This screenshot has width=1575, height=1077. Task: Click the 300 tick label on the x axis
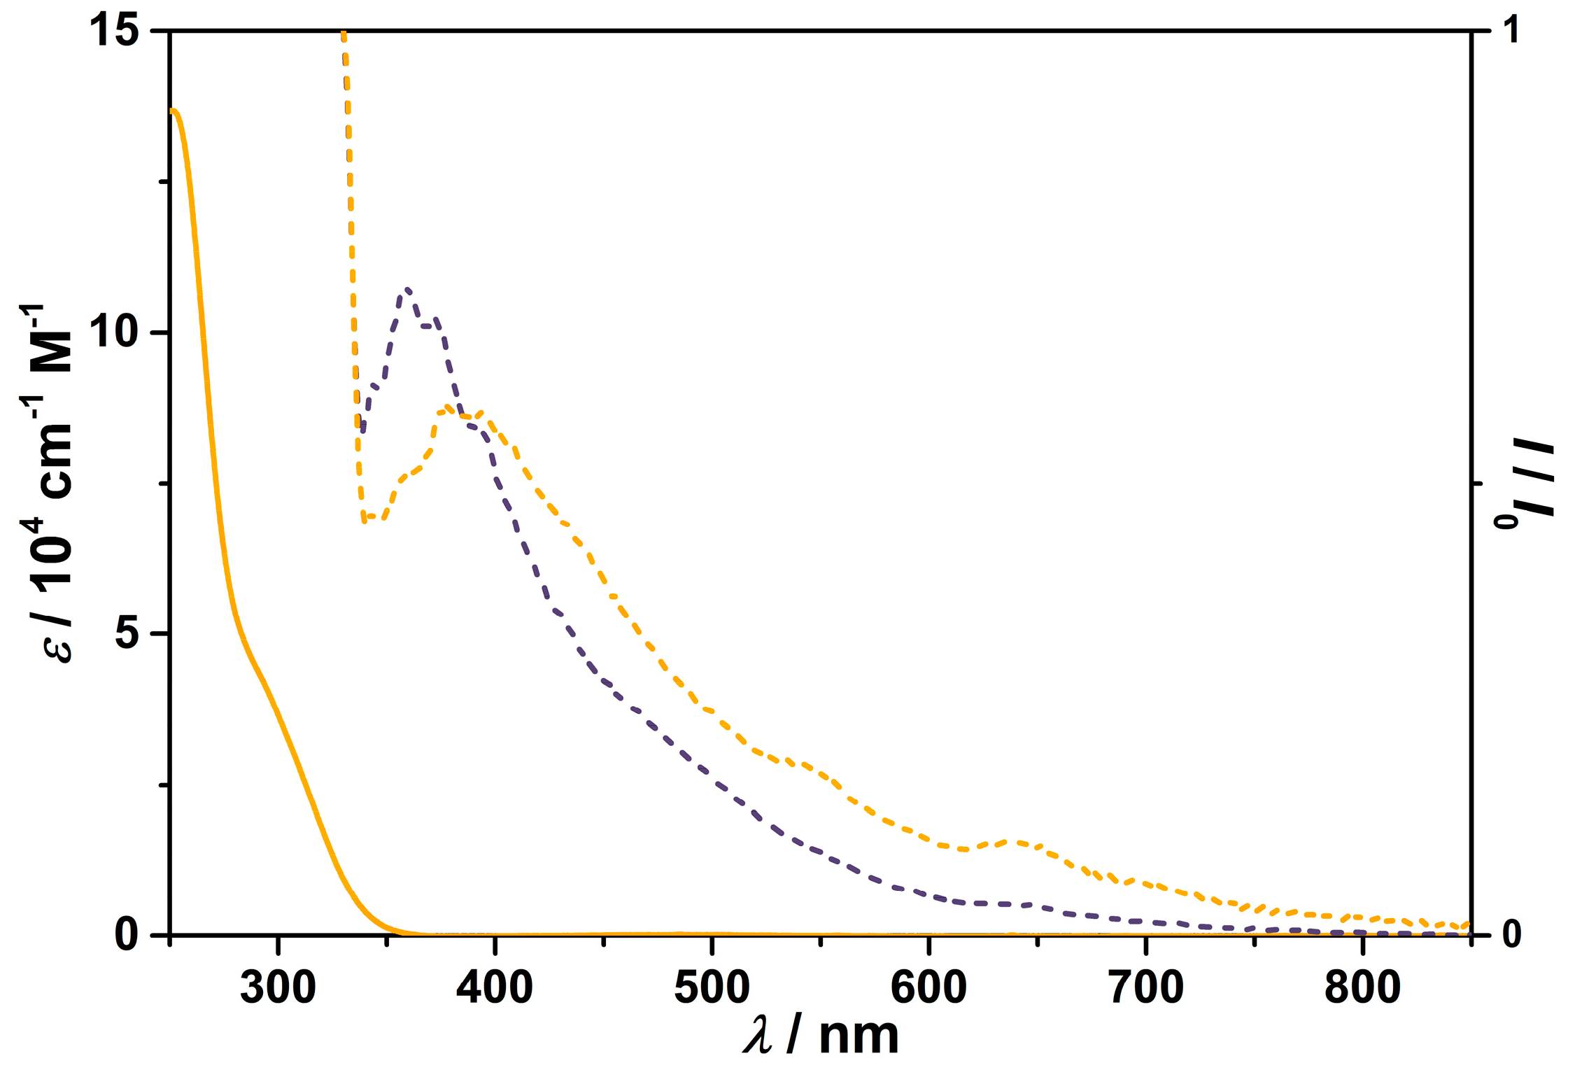click(278, 988)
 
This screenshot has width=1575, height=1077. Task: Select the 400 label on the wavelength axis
click(495, 988)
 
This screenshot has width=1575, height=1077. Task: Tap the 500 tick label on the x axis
click(712, 988)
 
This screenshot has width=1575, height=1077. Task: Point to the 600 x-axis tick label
click(928, 988)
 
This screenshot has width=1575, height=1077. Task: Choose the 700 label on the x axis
click(1146, 988)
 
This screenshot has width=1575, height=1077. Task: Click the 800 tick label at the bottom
click(1362, 988)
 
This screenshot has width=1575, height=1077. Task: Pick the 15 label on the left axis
click(115, 31)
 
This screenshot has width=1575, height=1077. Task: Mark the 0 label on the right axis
click(1512, 934)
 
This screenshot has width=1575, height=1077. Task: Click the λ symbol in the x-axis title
click(758, 1036)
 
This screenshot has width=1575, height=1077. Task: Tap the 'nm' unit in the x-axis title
click(859, 1036)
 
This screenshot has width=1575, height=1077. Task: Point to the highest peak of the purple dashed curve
click(407, 289)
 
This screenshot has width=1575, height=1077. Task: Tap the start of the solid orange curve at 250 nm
click(173, 110)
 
